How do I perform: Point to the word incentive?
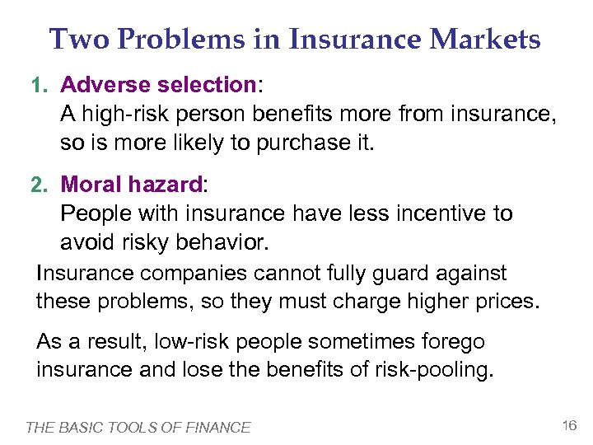(440, 213)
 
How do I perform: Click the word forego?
(453, 341)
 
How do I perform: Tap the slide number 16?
(568, 425)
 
